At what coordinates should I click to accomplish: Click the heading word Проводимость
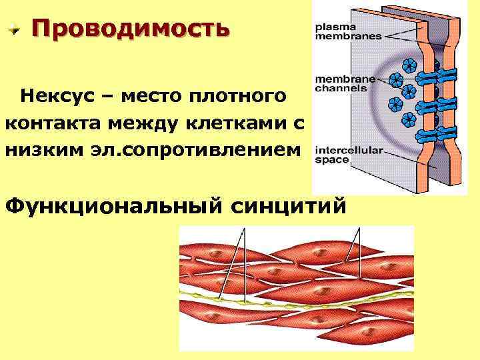pos(129,29)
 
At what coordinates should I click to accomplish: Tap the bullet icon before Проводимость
pos(15,29)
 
